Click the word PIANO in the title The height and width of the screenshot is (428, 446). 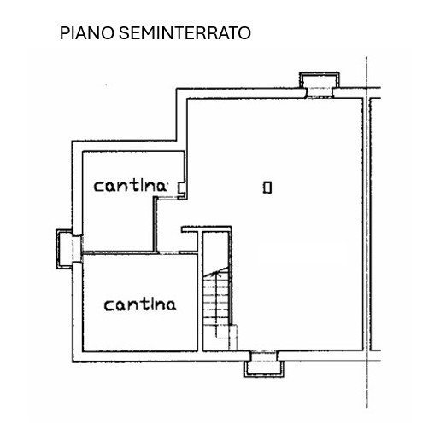click(87, 33)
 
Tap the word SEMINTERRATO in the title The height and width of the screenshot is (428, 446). click(185, 33)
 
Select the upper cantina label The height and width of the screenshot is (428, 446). click(130, 186)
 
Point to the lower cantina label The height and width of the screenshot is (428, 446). click(140, 304)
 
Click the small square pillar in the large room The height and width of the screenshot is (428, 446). click(267, 188)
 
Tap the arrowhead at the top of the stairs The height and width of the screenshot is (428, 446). click(220, 274)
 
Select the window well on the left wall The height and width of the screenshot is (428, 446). click(64, 249)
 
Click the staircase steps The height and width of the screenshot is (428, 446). click(217, 301)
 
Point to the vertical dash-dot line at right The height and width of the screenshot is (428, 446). click(367, 233)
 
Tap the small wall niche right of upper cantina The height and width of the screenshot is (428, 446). click(181, 188)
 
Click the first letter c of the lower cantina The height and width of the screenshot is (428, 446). click(109, 306)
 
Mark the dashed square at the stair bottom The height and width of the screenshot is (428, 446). click(226, 332)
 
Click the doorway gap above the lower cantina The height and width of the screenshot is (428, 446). click(168, 252)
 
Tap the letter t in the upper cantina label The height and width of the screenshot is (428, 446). click(135, 185)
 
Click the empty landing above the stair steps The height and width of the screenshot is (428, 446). click(216, 250)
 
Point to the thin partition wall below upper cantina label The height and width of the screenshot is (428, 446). click(156, 224)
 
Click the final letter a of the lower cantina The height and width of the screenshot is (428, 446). click(171, 306)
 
